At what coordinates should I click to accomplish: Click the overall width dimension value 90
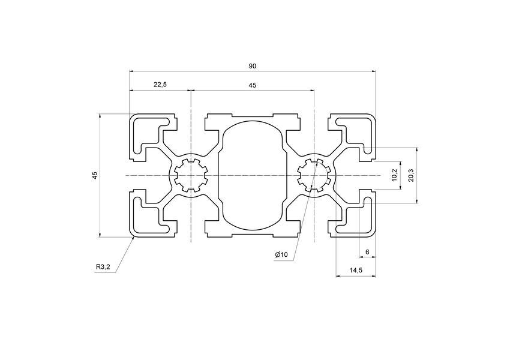coord(253,65)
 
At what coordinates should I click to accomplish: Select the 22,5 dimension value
coord(160,85)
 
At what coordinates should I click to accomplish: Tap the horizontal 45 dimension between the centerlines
coord(253,85)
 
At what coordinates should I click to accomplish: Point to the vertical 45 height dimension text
coord(94,175)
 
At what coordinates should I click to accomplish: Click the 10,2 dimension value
coord(394,175)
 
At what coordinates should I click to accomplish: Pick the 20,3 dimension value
coord(410,175)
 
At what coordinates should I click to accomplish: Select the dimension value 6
coord(367,252)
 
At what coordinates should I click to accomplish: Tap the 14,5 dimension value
coord(355,271)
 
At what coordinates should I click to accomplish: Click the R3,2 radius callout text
coord(103,267)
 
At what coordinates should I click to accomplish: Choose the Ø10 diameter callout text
coord(281,255)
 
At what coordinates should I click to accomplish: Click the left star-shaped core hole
coord(190,175)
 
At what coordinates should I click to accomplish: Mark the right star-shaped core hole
coord(314,175)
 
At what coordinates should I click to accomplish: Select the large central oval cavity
coord(253,175)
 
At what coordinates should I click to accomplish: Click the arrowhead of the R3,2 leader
coord(133,238)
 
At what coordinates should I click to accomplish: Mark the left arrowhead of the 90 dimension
coord(131,71)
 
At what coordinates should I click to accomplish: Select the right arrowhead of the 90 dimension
coord(374,71)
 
